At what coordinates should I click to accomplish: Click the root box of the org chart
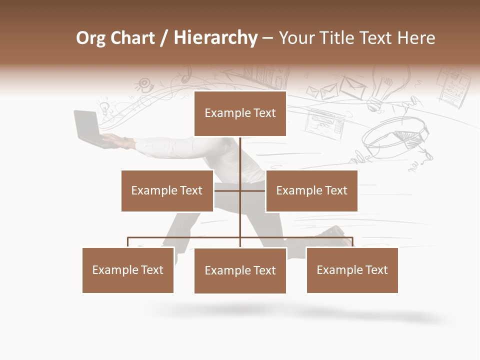(240, 113)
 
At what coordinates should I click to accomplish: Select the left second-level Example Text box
(167, 190)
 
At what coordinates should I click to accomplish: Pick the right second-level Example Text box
(311, 190)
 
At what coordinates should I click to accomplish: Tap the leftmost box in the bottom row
(128, 270)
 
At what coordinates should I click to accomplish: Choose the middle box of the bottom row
(240, 270)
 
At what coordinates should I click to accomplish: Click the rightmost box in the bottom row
(352, 270)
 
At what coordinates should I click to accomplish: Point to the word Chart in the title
(132, 38)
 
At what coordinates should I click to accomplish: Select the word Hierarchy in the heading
(215, 38)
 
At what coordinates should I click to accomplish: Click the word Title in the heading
(339, 38)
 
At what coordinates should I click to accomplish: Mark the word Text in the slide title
(377, 38)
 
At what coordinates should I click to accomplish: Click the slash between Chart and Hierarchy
(164, 38)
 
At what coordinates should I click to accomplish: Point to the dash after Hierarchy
(267, 39)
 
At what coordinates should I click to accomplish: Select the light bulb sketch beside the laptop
(104, 107)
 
